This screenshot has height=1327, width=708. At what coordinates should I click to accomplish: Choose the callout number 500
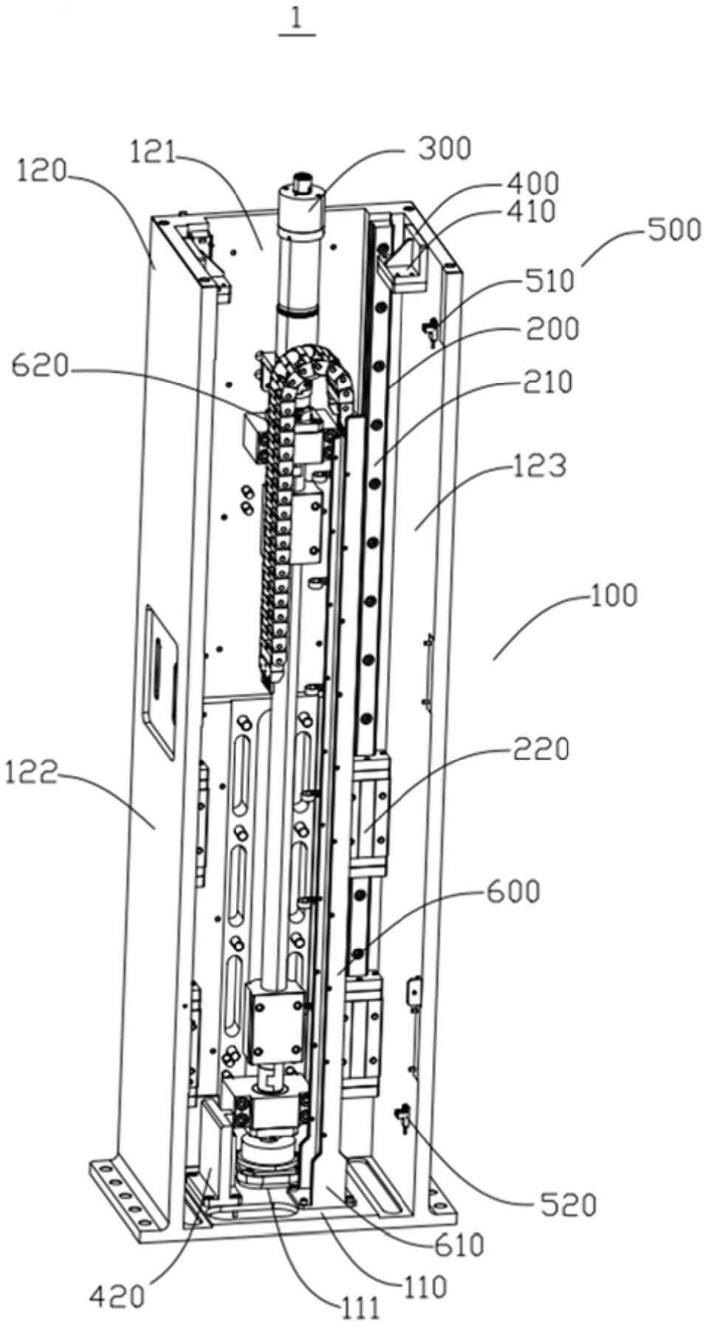[x=675, y=230]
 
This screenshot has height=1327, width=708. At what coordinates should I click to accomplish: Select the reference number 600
[x=514, y=892]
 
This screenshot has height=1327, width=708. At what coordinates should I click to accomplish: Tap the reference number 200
[x=553, y=328]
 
